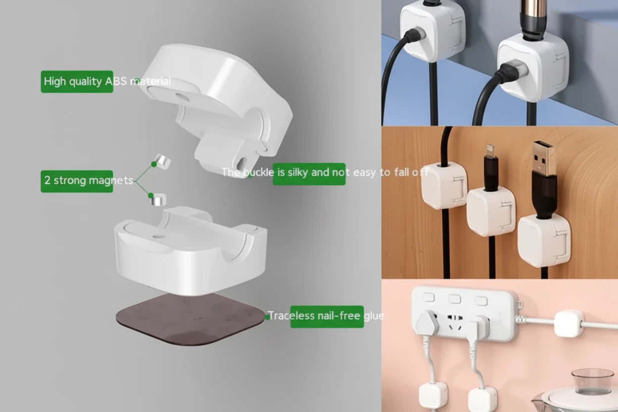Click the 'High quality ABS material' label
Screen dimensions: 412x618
pyautogui.click(x=77, y=82)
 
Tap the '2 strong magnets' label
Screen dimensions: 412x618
pyautogui.click(x=77, y=181)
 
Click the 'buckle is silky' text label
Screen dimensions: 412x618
pyautogui.click(x=309, y=173)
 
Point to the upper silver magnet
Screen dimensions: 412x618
pyautogui.click(x=161, y=161)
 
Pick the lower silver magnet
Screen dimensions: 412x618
pyautogui.click(x=158, y=200)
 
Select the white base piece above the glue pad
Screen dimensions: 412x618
pyautogui.click(x=191, y=253)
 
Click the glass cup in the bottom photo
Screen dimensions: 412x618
pyautogui.click(x=592, y=382)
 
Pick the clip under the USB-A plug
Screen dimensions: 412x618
pyautogui.click(x=543, y=240)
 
